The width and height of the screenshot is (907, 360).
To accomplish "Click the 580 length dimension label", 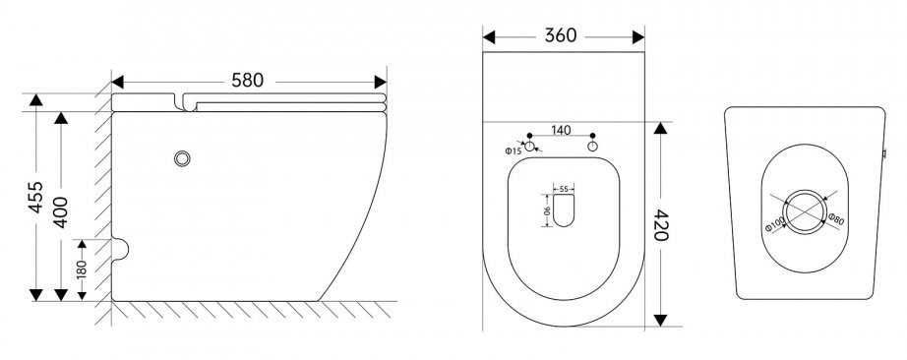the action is coord(248,81).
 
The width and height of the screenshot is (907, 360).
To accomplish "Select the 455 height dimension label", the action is coord(35,197).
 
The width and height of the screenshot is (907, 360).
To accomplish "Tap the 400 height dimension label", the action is coord(61,212).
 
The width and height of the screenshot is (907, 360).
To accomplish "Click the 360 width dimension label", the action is coord(561,35).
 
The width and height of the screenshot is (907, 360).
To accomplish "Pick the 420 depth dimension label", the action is coord(661,225).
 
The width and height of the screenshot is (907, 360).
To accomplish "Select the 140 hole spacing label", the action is coord(561,131).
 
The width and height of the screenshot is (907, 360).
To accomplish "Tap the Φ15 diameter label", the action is coord(514,151).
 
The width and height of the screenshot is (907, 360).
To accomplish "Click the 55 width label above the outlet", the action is coord(564,189).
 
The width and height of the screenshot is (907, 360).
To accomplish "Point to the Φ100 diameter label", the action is coord(774,224).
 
